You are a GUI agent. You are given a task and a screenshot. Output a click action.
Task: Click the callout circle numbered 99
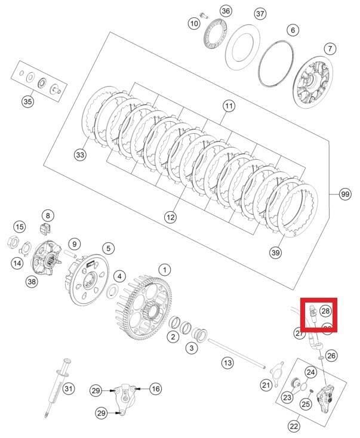345,195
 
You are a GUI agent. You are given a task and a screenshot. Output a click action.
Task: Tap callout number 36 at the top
208,11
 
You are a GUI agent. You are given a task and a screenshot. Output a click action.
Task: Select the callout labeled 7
330,49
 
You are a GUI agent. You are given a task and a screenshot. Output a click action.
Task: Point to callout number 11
229,106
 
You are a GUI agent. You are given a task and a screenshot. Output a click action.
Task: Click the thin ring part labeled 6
275,64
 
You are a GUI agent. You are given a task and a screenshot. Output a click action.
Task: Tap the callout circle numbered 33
80,155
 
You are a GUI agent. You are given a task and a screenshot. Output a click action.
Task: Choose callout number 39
275,253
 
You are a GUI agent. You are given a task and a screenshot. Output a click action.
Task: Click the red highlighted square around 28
319,314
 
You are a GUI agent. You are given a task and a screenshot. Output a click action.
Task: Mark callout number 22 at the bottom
294,426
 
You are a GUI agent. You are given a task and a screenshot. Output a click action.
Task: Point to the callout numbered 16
155,389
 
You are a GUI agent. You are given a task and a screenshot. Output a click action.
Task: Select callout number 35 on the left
28,102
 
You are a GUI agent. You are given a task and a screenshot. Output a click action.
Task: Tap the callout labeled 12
171,218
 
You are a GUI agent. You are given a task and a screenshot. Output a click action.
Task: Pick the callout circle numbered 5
107,248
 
